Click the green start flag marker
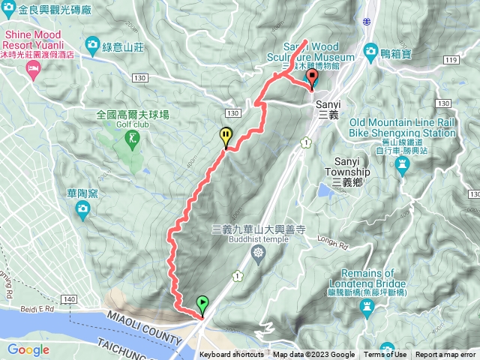[x=202, y=304]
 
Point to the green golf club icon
[x=133, y=137]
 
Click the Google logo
[x=28, y=349]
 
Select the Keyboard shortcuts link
[x=232, y=355]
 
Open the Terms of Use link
[x=385, y=355]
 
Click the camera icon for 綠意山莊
[x=92, y=43]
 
